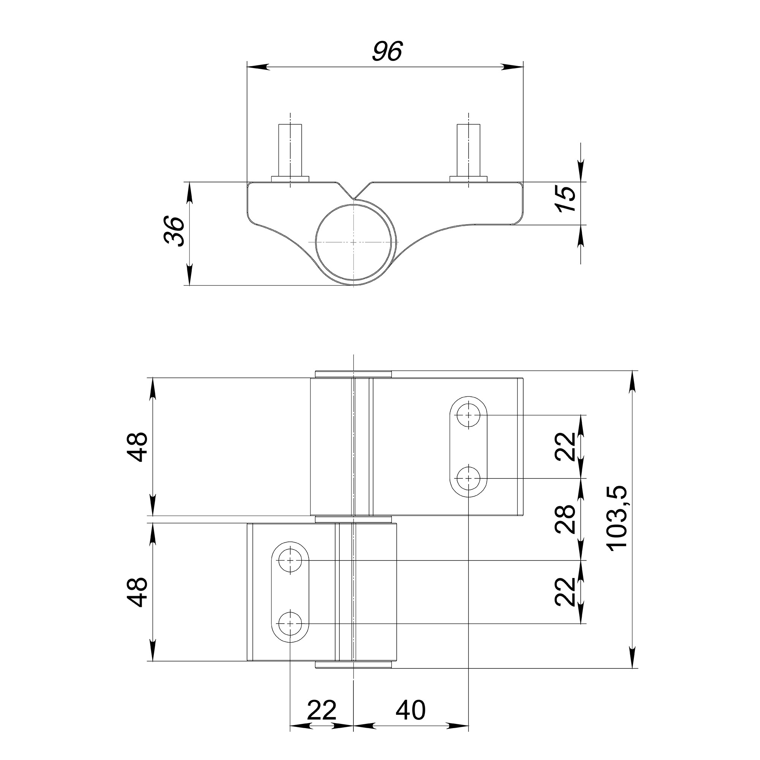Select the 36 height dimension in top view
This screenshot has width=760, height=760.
(174, 231)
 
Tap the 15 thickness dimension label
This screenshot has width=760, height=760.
(567, 198)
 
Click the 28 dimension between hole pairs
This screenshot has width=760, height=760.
(565, 519)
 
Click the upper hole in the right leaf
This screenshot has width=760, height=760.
(469, 415)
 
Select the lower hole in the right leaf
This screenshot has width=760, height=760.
(469, 478)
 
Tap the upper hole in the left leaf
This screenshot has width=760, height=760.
(290, 560)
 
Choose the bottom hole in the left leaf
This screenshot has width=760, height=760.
(290, 624)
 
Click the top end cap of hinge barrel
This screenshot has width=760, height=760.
(354, 374)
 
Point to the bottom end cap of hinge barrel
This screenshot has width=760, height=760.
(354, 664)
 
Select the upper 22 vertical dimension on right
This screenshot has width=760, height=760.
(565, 446)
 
